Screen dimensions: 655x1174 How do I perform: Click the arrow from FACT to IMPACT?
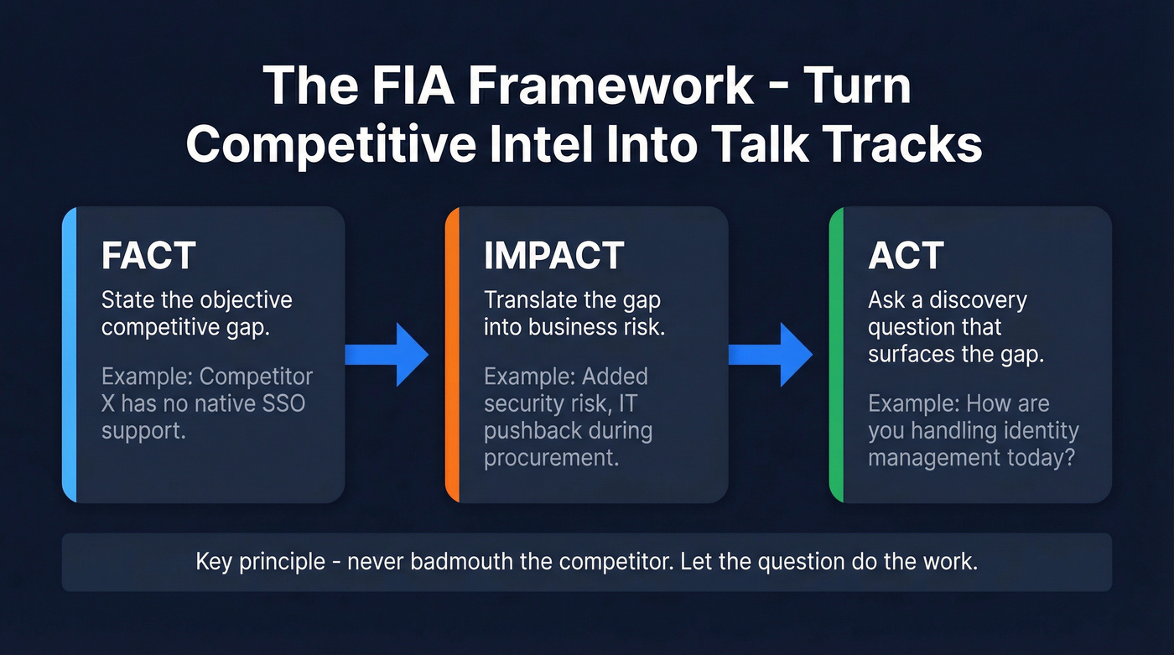[x=387, y=355]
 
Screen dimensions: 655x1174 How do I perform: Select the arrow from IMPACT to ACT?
[x=770, y=355]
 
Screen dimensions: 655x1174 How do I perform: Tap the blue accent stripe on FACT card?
[x=70, y=355]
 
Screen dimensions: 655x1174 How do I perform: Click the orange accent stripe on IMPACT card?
[x=452, y=355]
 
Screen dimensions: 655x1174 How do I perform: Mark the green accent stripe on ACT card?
[x=835, y=355]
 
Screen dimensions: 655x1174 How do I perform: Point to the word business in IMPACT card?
[x=570, y=327]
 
